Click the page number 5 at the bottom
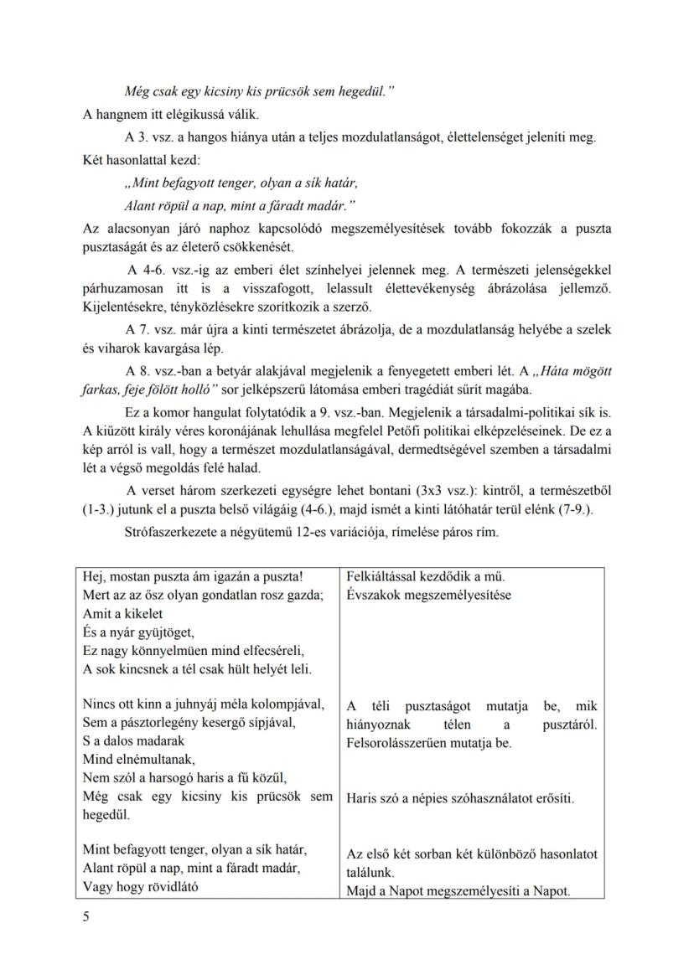(x=86, y=916)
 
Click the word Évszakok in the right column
(x=371, y=596)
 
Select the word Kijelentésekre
(x=123, y=307)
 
